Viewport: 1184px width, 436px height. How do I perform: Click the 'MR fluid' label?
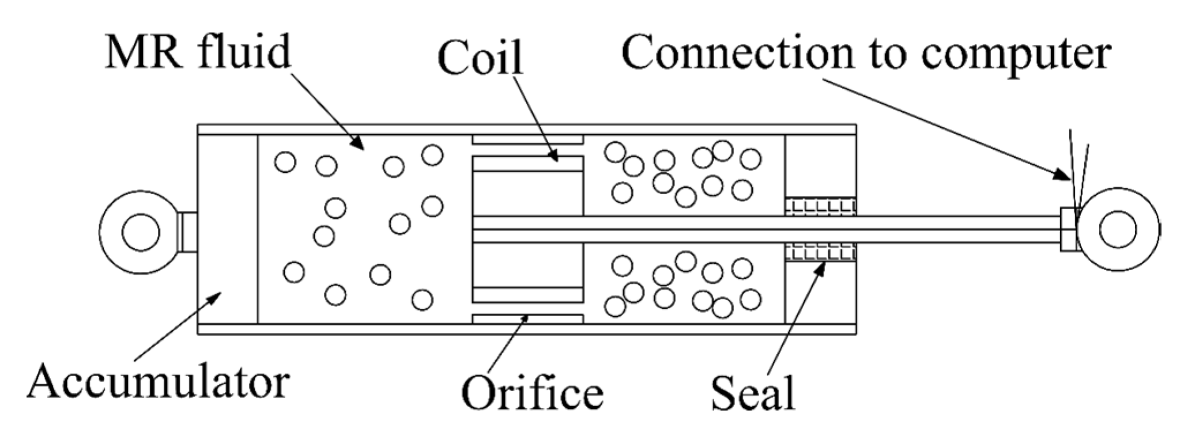pos(197,52)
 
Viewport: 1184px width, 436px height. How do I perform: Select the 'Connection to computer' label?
pos(866,52)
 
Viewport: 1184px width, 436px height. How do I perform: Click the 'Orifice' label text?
pos(532,393)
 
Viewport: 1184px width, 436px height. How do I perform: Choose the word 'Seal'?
pos(752,393)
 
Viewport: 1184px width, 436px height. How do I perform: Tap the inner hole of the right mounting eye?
pos(1118,229)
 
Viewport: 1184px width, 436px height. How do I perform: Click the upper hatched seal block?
pos(820,206)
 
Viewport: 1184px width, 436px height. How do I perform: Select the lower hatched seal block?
pos(820,252)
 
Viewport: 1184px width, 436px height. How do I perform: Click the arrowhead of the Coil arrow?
pos(555,157)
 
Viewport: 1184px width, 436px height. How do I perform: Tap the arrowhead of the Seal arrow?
pos(821,267)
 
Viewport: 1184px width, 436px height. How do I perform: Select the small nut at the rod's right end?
pos(1068,229)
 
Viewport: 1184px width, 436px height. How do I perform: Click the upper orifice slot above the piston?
pos(527,140)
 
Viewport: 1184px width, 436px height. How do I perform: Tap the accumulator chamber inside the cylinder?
pos(228,230)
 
